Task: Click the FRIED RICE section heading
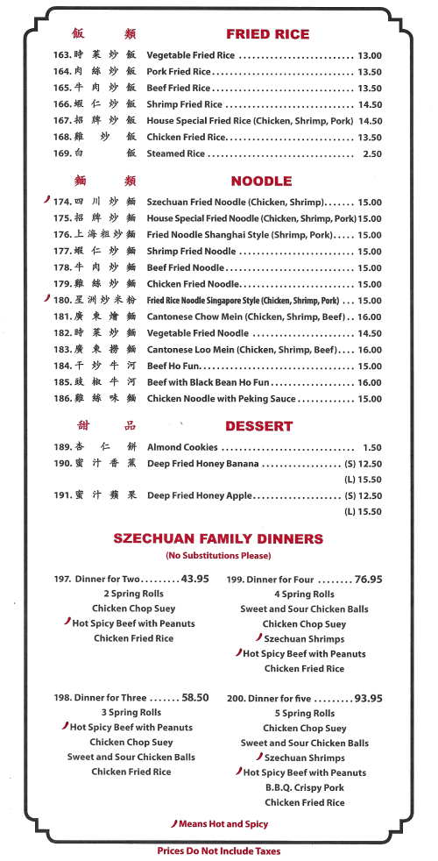[x=267, y=34]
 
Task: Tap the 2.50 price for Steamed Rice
[x=372, y=153]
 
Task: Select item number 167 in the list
[x=62, y=121]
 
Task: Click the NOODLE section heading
[x=261, y=181]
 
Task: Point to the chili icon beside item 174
[x=46, y=201]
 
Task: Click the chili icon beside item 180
[x=46, y=299]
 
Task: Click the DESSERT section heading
[x=258, y=426]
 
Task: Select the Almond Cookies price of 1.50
[x=372, y=447]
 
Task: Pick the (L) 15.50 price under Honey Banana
[x=363, y=480]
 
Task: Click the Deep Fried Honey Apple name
[x=200, y=495]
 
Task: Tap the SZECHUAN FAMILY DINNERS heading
[x=218, y=539]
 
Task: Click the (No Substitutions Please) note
[x=218, y=556]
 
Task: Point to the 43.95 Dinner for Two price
[x=194, y=579]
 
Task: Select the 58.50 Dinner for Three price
[x=195, y=698]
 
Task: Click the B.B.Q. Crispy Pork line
[x=305, y=787]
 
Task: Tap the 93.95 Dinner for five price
[x=368, y=699]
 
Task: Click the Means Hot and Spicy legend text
[x=223, y=824]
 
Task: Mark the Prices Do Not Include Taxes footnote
[x=219, y=850]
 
